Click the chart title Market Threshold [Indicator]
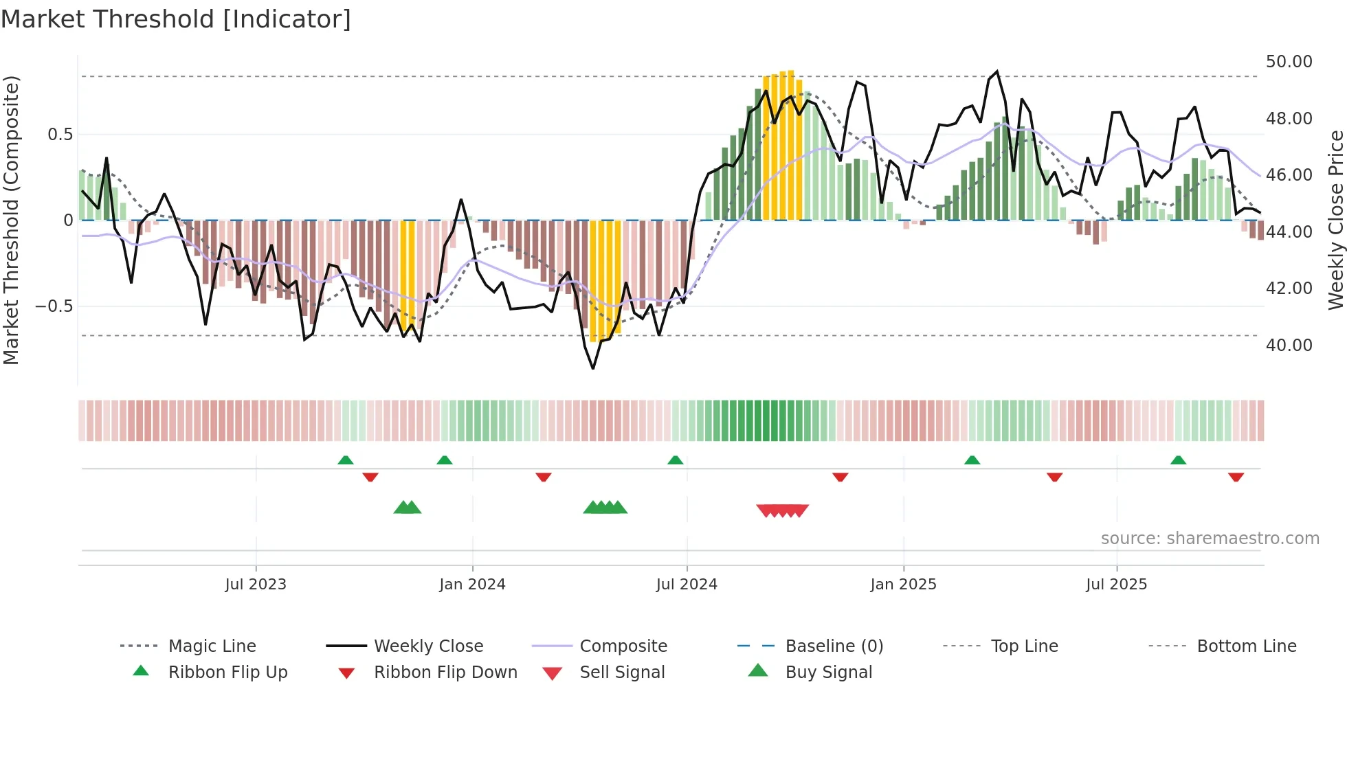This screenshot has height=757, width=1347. tap(176, 19)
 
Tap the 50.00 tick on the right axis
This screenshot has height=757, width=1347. tap(1289, 62)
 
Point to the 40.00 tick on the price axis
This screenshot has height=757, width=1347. tap(1289, 346)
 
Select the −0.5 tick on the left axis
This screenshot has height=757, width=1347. tap(54, 306)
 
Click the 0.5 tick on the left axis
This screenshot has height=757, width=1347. tap(60, 135)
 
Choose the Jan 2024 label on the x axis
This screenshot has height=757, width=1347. tap(472, 585)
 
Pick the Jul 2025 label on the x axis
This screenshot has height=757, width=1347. tap(1116, 585)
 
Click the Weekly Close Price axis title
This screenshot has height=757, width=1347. tap(1335, 220)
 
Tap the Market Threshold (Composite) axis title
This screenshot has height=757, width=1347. tap(11, 220)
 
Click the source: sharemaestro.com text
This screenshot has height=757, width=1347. tap(1210, 539)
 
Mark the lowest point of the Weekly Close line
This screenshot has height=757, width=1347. tap(593, 369)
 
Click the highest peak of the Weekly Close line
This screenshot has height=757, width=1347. tap(997, 71)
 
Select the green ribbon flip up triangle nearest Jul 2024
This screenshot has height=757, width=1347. tap(676, 460)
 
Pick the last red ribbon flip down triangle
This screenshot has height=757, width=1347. tap(1236, 477)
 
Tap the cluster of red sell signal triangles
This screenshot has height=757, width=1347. tap(782, 510)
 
